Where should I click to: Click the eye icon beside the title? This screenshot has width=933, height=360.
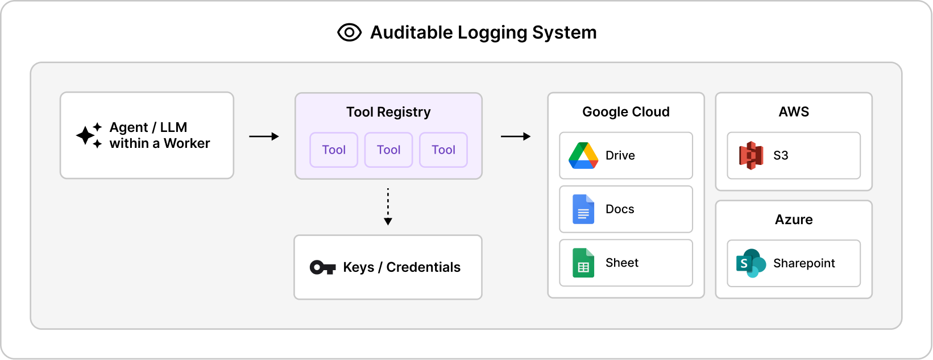point(349,32)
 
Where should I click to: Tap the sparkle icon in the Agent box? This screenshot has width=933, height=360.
point(89,135)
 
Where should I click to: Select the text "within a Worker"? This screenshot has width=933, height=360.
point(160,143)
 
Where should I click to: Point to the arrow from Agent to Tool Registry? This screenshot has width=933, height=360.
point(264,136)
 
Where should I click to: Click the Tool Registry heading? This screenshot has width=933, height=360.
point(388,112)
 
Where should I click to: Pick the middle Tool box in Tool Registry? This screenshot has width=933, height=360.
point(388,150)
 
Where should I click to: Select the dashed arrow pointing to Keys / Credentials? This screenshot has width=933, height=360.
point(388,206)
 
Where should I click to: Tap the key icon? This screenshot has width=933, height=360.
point(322,267)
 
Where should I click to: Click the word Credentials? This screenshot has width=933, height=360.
point(423,267)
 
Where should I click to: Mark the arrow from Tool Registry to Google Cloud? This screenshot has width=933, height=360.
point(515,136)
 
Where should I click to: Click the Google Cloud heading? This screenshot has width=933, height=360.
point(625,112)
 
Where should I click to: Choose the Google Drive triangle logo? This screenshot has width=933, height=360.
point(583,156)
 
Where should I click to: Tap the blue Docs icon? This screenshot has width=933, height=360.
point(583,209)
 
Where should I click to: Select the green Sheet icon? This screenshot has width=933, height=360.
point(583,263)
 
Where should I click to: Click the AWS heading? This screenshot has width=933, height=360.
point(793,112)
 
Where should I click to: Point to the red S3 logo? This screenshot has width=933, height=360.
point(750,156)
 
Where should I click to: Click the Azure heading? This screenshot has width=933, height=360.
point(793,220)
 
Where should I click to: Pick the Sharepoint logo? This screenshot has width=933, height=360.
point(750,263)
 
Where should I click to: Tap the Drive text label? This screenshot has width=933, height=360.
point(620,156)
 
